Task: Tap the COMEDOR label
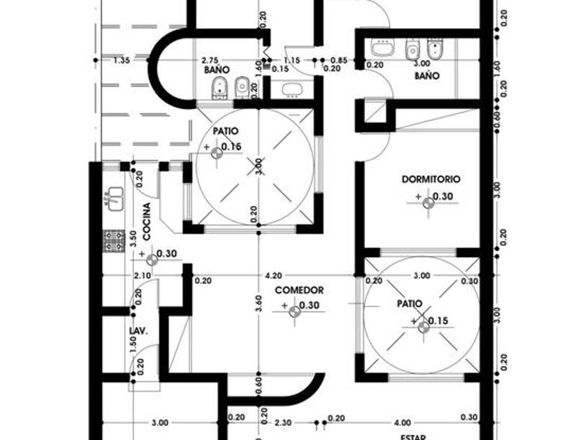(x=298, y=290)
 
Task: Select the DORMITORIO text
(x=431, y=179)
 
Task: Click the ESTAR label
(x=413, y=437)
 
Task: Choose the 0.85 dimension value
(x=340, y=61)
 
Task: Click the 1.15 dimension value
(x=293, y=61)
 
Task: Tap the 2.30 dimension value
(x=282, y=423)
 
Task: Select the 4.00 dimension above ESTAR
(x=403, y=423)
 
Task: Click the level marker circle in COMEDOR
(x=295, y=313)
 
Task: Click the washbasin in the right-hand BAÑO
(x=382, y=48)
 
